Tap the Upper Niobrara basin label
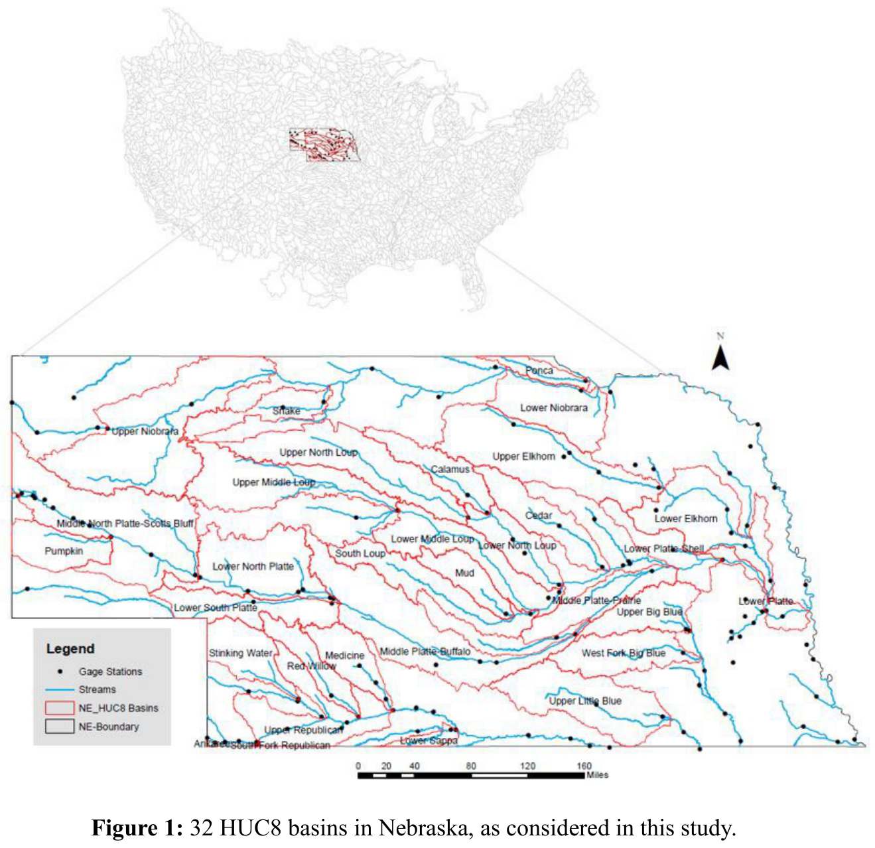tap(145, 431)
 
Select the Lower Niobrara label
tap(553, 408)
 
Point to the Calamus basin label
tap(450, 469)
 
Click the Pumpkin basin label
tap(64, 551)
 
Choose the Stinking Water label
tap(240, 653)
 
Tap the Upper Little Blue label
tap(585, 701)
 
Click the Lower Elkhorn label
tap(686, 518)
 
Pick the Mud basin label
tap(464, 573)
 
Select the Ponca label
tap(539, 370)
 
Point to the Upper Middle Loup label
tap(273, 482)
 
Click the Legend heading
tap(70, 648)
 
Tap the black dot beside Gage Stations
tap(60, 671)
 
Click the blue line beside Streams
tap(60, 689)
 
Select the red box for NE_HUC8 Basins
tap(60, 708)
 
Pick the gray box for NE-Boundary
tap(60, 727)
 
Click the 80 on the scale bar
tap(470, 766)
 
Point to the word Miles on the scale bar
tap(597, 775)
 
